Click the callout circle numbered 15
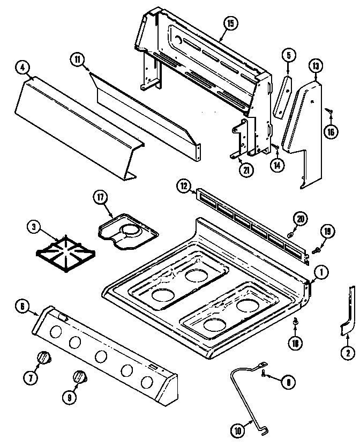(230, 24)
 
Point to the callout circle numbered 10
(238, 429)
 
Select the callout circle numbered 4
(22, 68)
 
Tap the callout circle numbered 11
(78, 60)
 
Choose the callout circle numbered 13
(316, 66)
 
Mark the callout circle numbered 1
(321, 272)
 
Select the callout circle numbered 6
(22, 307)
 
